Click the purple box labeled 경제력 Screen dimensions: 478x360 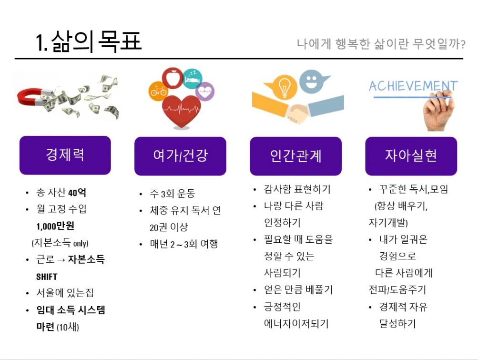pyautogui.click(x=65, y=155)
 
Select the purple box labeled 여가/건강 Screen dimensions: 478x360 pyautogui.click(x=180, y=156)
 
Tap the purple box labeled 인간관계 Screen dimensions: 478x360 pyautogui.click(x=295, y=156)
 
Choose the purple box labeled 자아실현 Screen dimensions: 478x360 pyautogui.click(x=411, y=156)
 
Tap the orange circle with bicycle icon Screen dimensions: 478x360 pyautogui.click(x=158, y=91)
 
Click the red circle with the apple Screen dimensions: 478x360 pyautogui.click(x=173, y=78)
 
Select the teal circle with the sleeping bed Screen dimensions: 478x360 pyautogui.click(x=193, y=78)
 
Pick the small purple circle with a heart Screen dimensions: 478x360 pyautogui.click(x=204, y=92)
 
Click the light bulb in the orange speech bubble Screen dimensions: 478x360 pyautogui.click(x=284, y=87)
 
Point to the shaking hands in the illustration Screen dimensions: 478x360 pyautogui.click(x=297, y=113)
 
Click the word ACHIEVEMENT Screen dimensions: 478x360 pyautogui.click(x=413, y=86)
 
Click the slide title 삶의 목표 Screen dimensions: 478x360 pyautogui.click(x=96, y=41)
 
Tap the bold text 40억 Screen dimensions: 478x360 pyautogui.click(x=77, y=193)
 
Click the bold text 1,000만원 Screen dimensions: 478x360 pyautogui.click(x=55, y=226)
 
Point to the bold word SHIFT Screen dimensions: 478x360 pyautogui.click(x=47, y=277)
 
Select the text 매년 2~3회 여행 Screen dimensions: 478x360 pyautogui.click(x=184, y=244)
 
